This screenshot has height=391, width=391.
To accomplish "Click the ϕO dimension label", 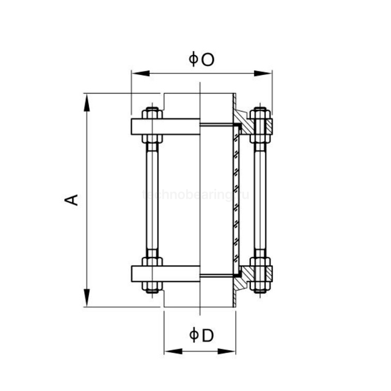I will (202, 59).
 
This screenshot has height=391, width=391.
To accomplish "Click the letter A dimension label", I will (72, 199).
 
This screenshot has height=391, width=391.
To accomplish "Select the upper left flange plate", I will (165, 126).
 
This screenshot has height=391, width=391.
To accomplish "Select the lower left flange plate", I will (165, 273).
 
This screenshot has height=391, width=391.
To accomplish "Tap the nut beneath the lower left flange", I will (152, 286).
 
